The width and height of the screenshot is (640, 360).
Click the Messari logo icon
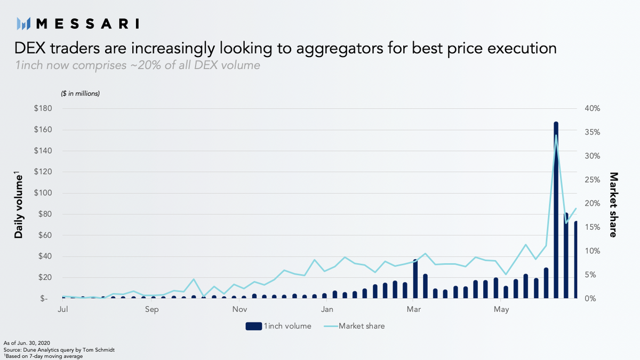pyautogui.click(x=23, y=23)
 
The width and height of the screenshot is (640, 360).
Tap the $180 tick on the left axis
pyautogui.click(x=43, y=108)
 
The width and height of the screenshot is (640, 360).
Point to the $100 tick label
pyautogui.click(x=43, y=193)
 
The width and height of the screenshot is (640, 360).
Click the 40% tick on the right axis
pyautogui.click(x=592, y=108)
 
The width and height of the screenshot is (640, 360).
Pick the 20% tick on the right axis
pyautogui.click(x=592, y=203)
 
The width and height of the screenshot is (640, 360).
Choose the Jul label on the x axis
pyautogui.click(x=62, y=309)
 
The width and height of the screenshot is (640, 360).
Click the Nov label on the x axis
pyautogui.click(x=240, y=309)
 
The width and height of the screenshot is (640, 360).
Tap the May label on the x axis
pyautogui.click(x=501, y=309)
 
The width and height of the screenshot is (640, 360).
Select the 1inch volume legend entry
pyautogui.click(x=278, y=326)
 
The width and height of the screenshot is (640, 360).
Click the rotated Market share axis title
pyautogui.click(x=613, y=204)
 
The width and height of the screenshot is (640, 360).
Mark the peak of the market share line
pyautogui.click(x=556, y=135)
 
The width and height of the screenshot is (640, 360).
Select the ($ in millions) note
pyautogui.click(x=81, y=93)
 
